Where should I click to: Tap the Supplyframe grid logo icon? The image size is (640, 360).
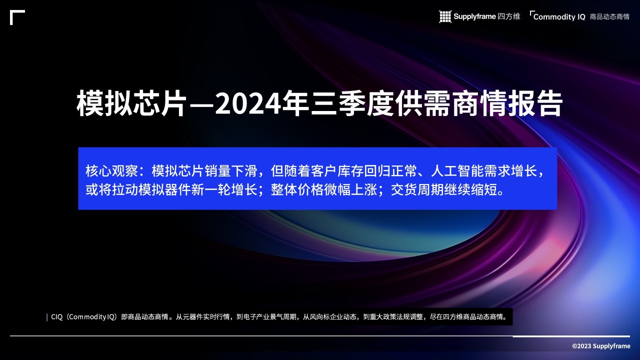pyautogui.click(x=445, y=16)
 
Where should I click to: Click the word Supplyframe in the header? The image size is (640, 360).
pyautogui.click(x=474, y=16)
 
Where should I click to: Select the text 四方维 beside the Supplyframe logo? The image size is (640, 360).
pyautogui.click(x=509, y=16)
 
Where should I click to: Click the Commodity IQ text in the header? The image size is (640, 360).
pyautogui.click(x=559, y=17)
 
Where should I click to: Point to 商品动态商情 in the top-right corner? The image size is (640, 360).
pyautogui.click(x=609, y=17)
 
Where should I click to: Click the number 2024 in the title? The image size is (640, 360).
pyautogui.click(x=247, y=103)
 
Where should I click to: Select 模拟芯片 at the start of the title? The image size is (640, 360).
pyautogui.click(x=131, y=103)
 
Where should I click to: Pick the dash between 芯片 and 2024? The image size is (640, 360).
pyautogui.click(x=201, y=104)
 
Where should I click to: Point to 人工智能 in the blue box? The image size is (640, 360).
pyautogui.click(x=457, y=171)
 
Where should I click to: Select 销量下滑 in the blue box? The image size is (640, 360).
pyautogui.click(x=231, y=171)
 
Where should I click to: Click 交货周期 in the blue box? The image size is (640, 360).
pyautogui.click(x=417, y=189)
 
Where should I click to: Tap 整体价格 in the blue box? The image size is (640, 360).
pyautogui.click(x=297, y=189)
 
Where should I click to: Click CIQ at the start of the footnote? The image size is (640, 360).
pyautogui.click(x=56, y=317)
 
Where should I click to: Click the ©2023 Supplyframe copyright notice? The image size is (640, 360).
pyautogui.click(x=601, y=346)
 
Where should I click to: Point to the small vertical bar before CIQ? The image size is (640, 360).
pyautogui.click(x=47, y=317)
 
